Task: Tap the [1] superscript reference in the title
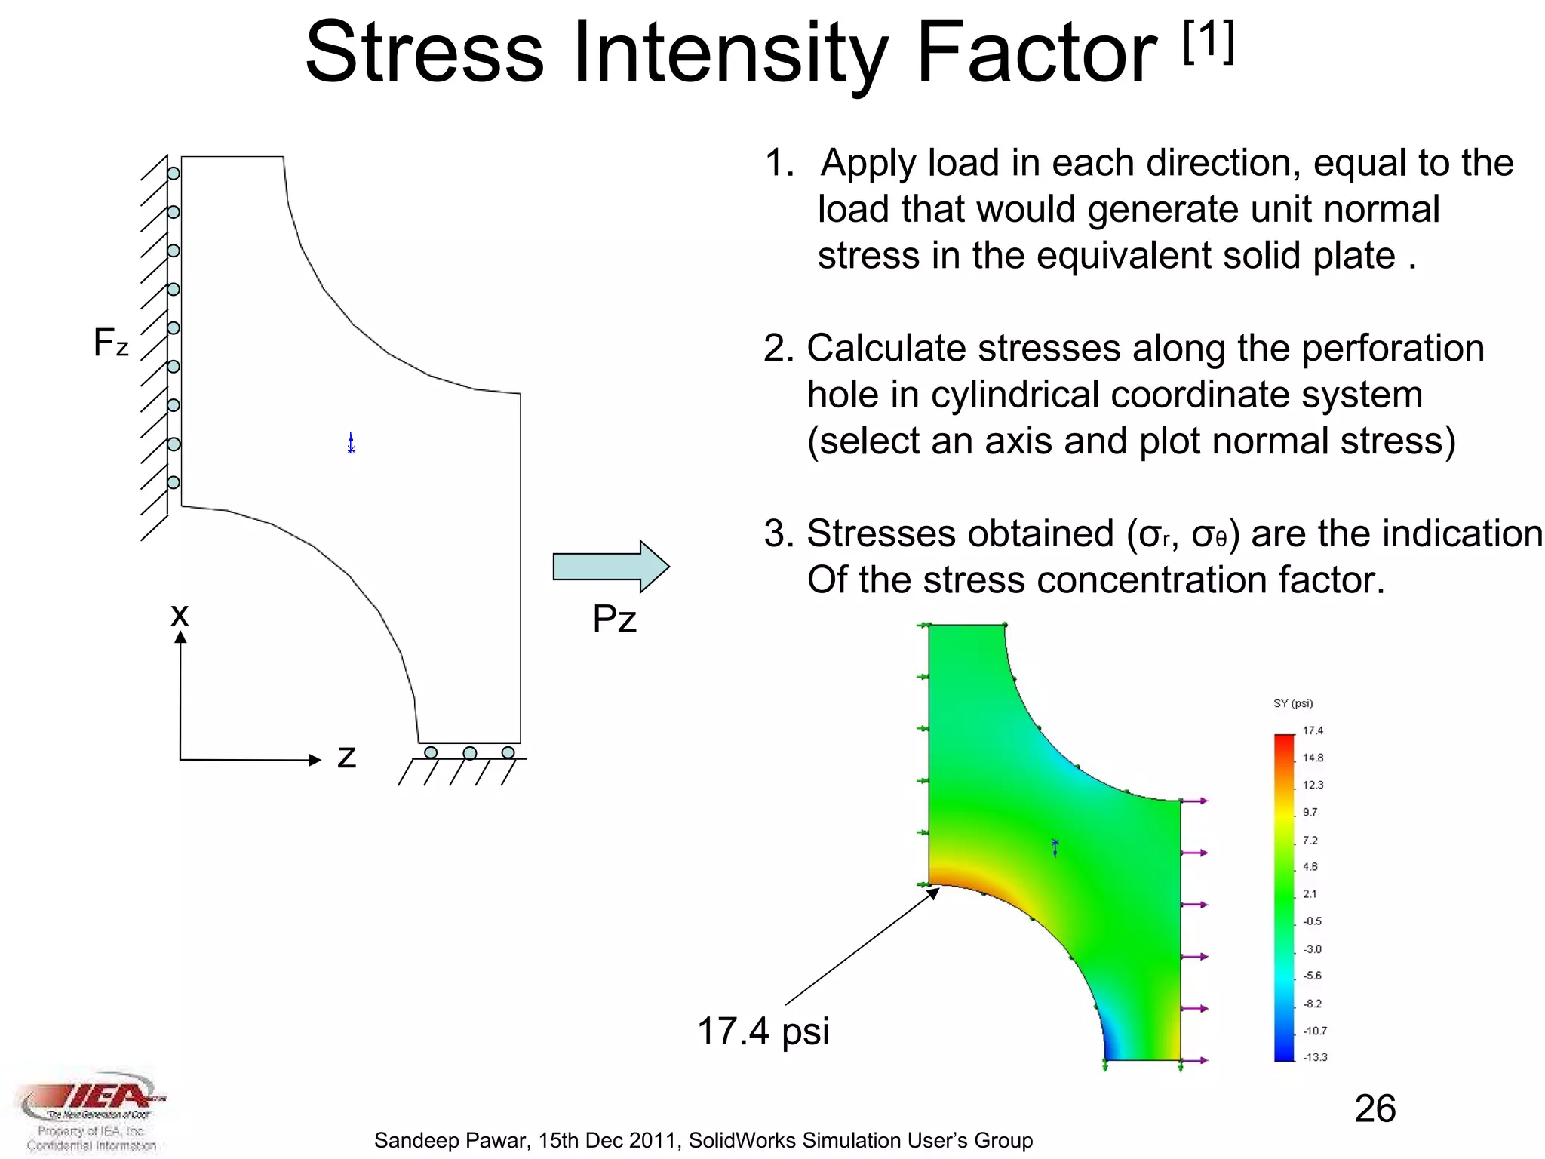[x=1208, y=42]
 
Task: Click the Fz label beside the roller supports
[x=111, y=343]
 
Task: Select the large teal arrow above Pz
[x=610, y=566]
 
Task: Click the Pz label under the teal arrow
[x=614, y=619]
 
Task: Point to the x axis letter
[x=180, y=614]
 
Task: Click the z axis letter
[x=346, y=756]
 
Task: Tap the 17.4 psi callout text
[x=763, y=1031]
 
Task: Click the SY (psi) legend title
[x=1293, y=703]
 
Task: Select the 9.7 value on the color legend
[x=1310, y=813]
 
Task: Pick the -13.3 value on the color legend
[x=1314, y=1057]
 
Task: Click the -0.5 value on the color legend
[x=1312, y=921]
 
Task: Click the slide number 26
[x=1375, y=1108]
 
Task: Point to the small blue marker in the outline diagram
[x=351, y=443]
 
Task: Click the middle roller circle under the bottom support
[x=469, y=753]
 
